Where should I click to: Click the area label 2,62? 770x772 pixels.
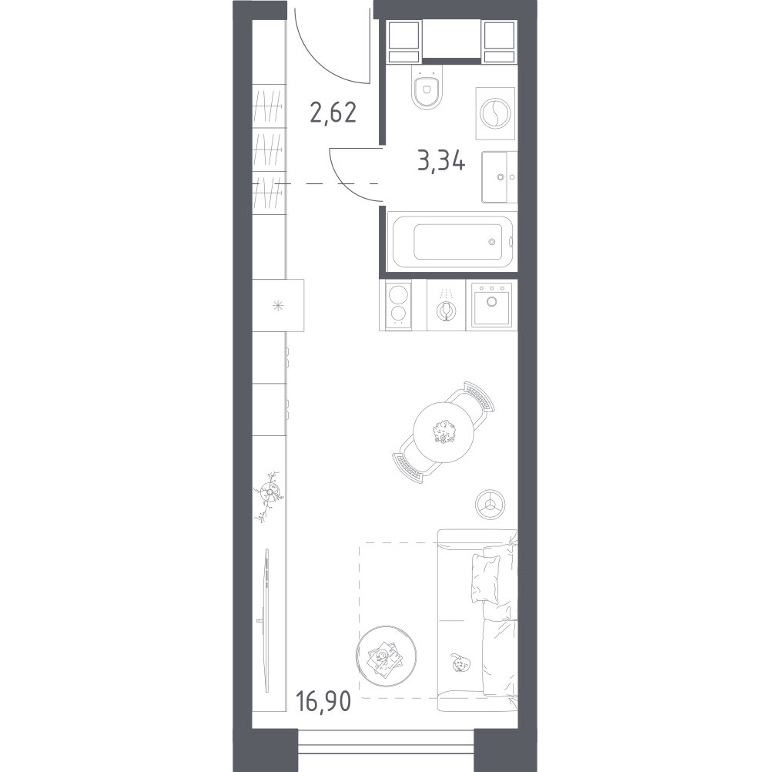coord(333,112)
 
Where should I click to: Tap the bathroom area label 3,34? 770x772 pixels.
coord(441,160)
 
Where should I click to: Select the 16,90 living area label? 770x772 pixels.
coord(323,701)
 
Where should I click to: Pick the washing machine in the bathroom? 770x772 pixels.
coord(495,113)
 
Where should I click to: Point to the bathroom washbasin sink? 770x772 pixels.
coord(499,177)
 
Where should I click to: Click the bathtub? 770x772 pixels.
coord(452,241)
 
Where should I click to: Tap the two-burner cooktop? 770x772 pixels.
coord(397,305)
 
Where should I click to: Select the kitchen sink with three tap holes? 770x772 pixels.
coord(491,305)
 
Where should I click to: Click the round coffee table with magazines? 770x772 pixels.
coord(387,656)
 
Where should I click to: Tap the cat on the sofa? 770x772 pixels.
coord(459,663)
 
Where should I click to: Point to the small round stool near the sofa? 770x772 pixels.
coord(490,505)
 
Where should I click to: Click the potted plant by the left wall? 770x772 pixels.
coord(268,495)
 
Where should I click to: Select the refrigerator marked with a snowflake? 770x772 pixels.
coord(278,305)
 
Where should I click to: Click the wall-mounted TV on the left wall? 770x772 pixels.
coord(266,621)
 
